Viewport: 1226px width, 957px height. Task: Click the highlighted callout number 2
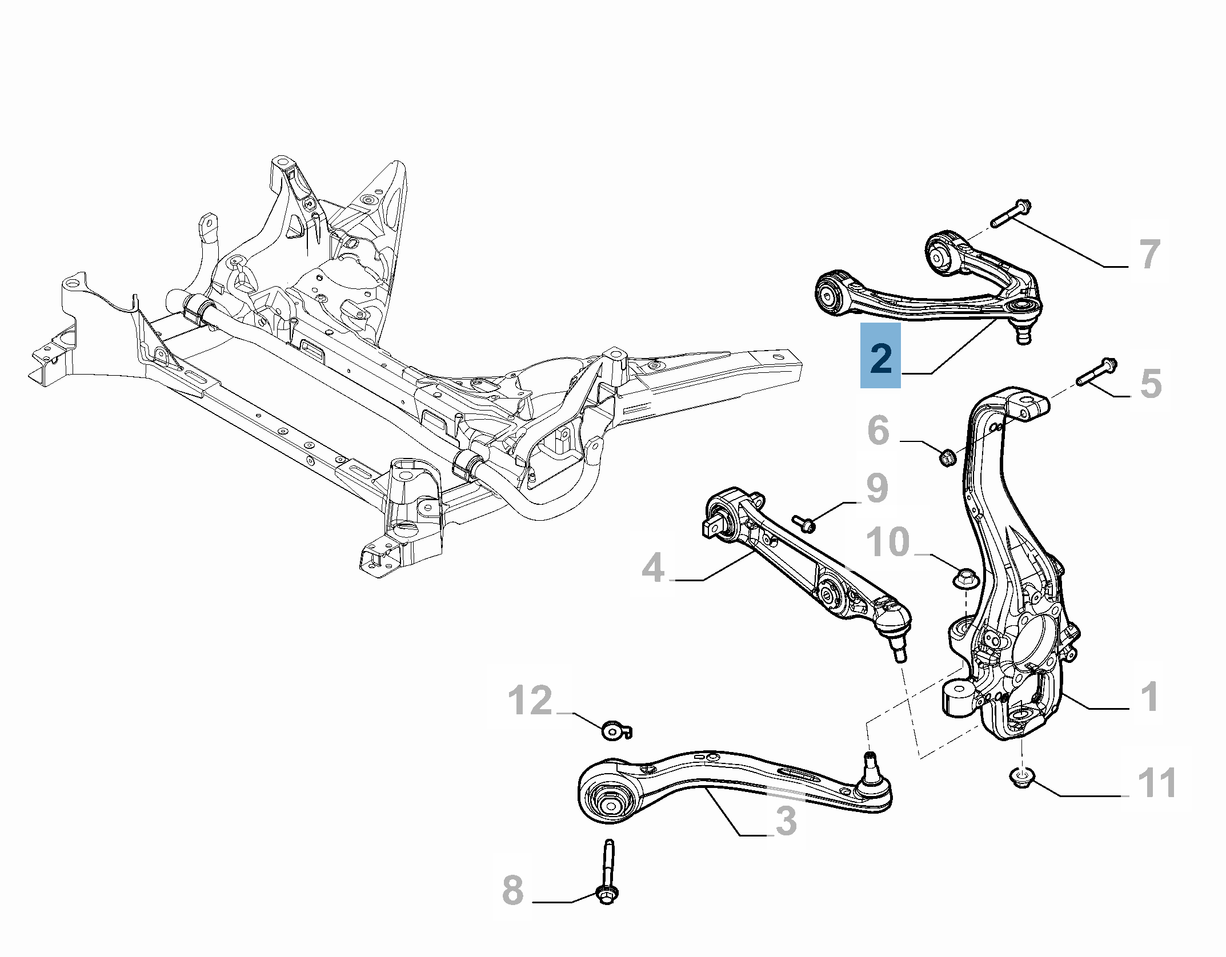[881, 357]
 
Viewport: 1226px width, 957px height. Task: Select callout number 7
[1149, 254]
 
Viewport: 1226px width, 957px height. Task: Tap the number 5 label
[1151, 383]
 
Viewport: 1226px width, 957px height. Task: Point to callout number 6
[879, 430]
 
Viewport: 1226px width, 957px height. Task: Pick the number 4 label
[653, 568]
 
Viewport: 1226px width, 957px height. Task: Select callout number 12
[530, 701]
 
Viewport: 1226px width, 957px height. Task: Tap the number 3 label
[786, 821]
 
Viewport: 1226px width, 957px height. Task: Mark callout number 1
[1149, 697]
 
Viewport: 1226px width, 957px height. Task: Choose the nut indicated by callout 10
[967, 577]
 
